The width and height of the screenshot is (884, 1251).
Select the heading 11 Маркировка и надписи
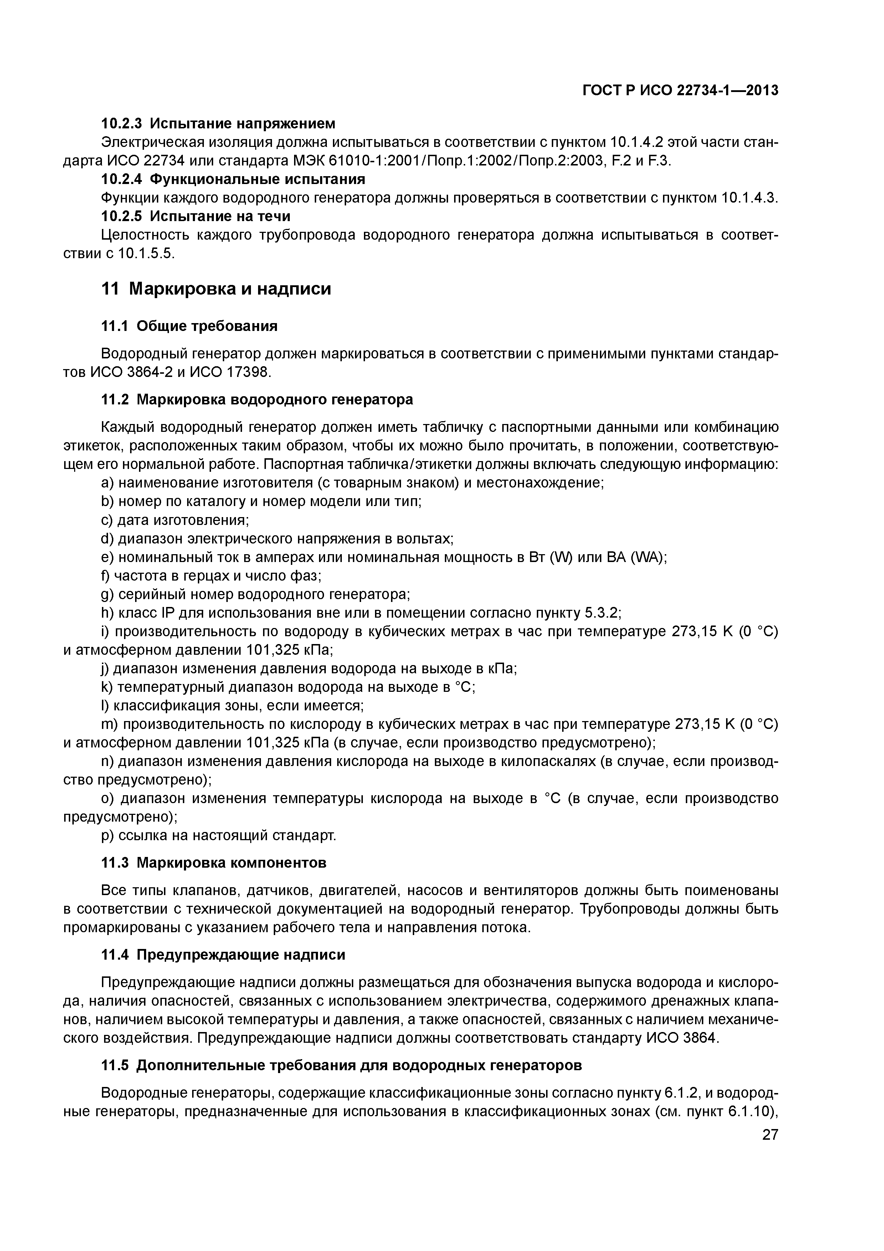216,289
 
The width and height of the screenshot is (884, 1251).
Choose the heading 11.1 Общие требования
190,326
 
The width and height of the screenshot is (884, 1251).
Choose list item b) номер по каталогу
261,501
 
